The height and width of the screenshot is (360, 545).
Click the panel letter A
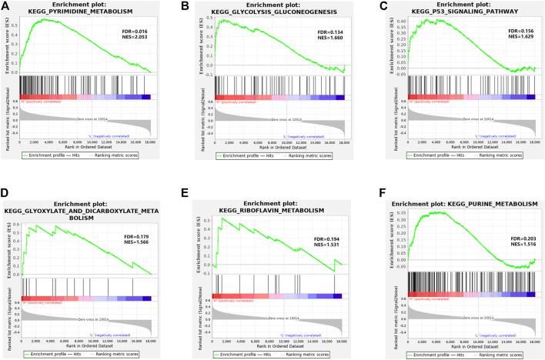coord(6,6)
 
